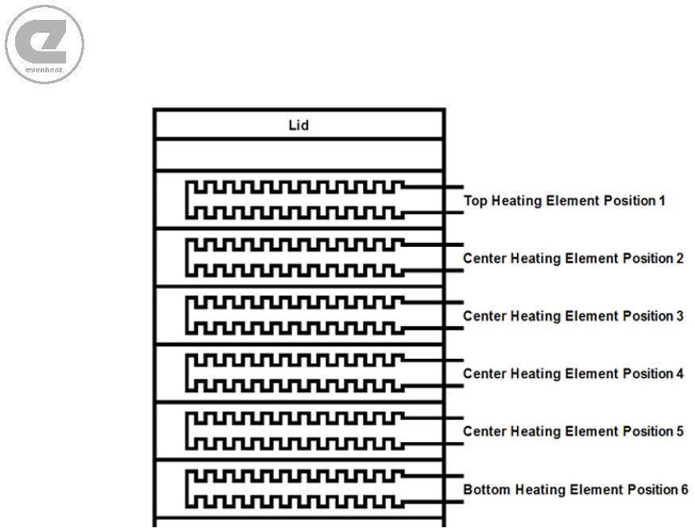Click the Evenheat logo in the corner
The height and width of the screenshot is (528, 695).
pyautogui.click(x=44, y=44)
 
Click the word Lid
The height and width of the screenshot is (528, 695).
pyautogui.click(x=299, y=125)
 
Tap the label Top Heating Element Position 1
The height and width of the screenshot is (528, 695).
pyautogui.click(x=564, y=201)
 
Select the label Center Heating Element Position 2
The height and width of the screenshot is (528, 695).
pyautogui.click(x=573, y=258)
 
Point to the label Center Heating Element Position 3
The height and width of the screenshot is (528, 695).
pyautogui.click(x=573, y=316)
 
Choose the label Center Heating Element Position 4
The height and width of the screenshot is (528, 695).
pyautogui.click(x=573, y=373)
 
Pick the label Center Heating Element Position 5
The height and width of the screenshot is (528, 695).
pyautogui.click(x=573, y=431)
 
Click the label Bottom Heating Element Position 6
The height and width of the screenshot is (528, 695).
pyautogui.click(x=575, y=489)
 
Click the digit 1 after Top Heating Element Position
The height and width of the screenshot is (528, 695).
pyautogui.click(x=662, y=201)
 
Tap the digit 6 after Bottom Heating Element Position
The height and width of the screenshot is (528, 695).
pyautogui.click(x=684, y=489)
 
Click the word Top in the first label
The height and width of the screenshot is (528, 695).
pyautogui.click(x=476, y=201)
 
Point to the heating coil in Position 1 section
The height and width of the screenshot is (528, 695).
pyautogui.click(x=187, y=200)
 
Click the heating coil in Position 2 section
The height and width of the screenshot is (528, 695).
pyautogui.click(x=187, y=258)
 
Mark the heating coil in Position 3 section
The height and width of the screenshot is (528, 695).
pyautogui.click(x=187, y=315)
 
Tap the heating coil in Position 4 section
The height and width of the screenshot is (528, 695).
pyautogui.click(x=187, y=373)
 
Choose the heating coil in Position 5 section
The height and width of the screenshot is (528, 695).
pyautogui.click(x=187, y=431)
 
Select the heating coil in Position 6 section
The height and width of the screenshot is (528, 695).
pyautogui.click(x=187, y=489)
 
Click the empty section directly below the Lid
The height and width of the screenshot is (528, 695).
pyautogui.click(x=299, y=155)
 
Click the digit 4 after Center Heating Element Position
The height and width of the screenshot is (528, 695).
pyautogui.click(x=680, y=373)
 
